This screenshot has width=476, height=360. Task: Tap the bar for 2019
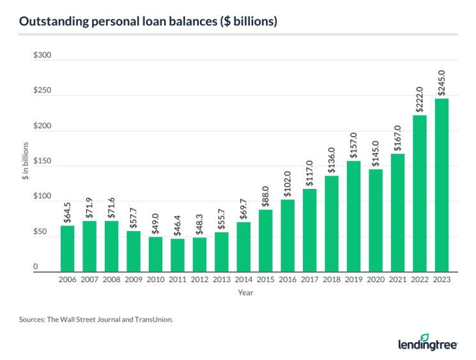coord(354,216)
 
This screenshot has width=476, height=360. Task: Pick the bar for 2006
coord(68,249)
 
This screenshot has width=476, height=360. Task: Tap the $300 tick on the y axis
coord(43,56)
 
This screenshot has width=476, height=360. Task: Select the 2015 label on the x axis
coord(266,280)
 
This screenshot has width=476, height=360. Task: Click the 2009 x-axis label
coord(134,280)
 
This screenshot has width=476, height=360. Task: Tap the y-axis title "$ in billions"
coord(25,163)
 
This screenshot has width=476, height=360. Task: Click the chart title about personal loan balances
coord(148,22)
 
